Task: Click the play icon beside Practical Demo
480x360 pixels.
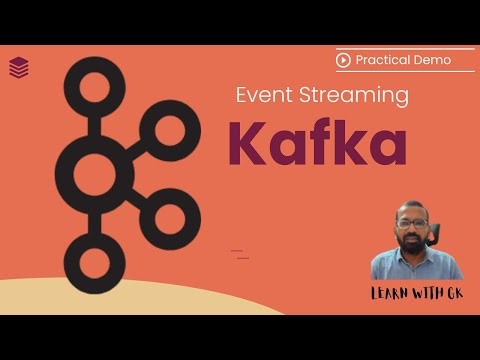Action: (344, 60)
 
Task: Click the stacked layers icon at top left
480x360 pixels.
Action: (18, 67)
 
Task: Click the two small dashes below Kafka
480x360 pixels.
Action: (240, 254)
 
